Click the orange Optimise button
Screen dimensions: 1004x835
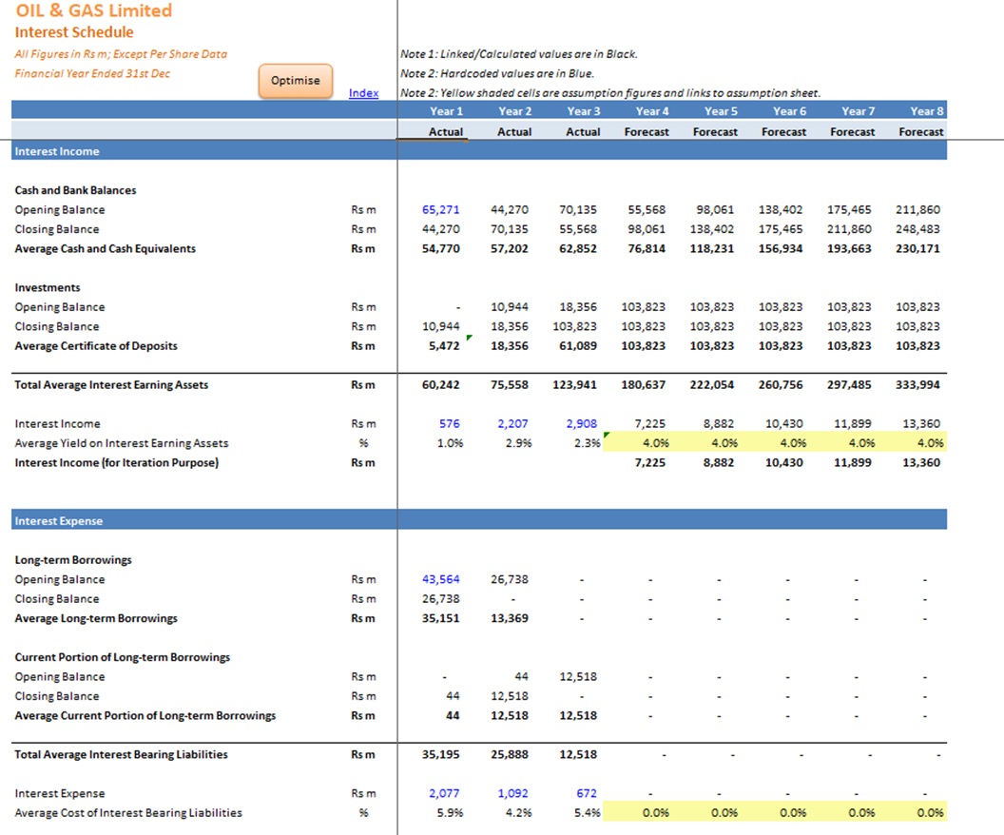[295, 81]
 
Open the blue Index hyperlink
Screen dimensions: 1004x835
[364, 93]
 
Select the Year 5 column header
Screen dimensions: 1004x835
[721, 110]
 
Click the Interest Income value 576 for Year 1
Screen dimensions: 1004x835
[450, 423]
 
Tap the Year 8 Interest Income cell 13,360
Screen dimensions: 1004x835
[921, 423]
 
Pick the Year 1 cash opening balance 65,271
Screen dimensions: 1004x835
[440, 209]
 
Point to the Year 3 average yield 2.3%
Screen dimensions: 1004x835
[588, 442]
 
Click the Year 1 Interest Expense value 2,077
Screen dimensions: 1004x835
[444, 793]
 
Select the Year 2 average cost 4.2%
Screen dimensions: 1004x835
[519, 812]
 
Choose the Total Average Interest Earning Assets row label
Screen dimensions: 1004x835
[111, 384]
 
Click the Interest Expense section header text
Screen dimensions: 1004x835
[59, 520]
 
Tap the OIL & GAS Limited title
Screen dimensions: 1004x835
[94, 10]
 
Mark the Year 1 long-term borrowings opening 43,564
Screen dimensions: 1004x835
[440, 579]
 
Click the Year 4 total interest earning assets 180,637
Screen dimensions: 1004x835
[643, 384]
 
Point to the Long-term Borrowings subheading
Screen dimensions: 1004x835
[73, 559]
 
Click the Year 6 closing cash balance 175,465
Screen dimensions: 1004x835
[781, 228]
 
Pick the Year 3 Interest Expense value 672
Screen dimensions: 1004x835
[587, 793]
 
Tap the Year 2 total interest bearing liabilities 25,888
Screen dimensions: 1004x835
[510, 753]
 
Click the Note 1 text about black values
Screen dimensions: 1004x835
[519, 54]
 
